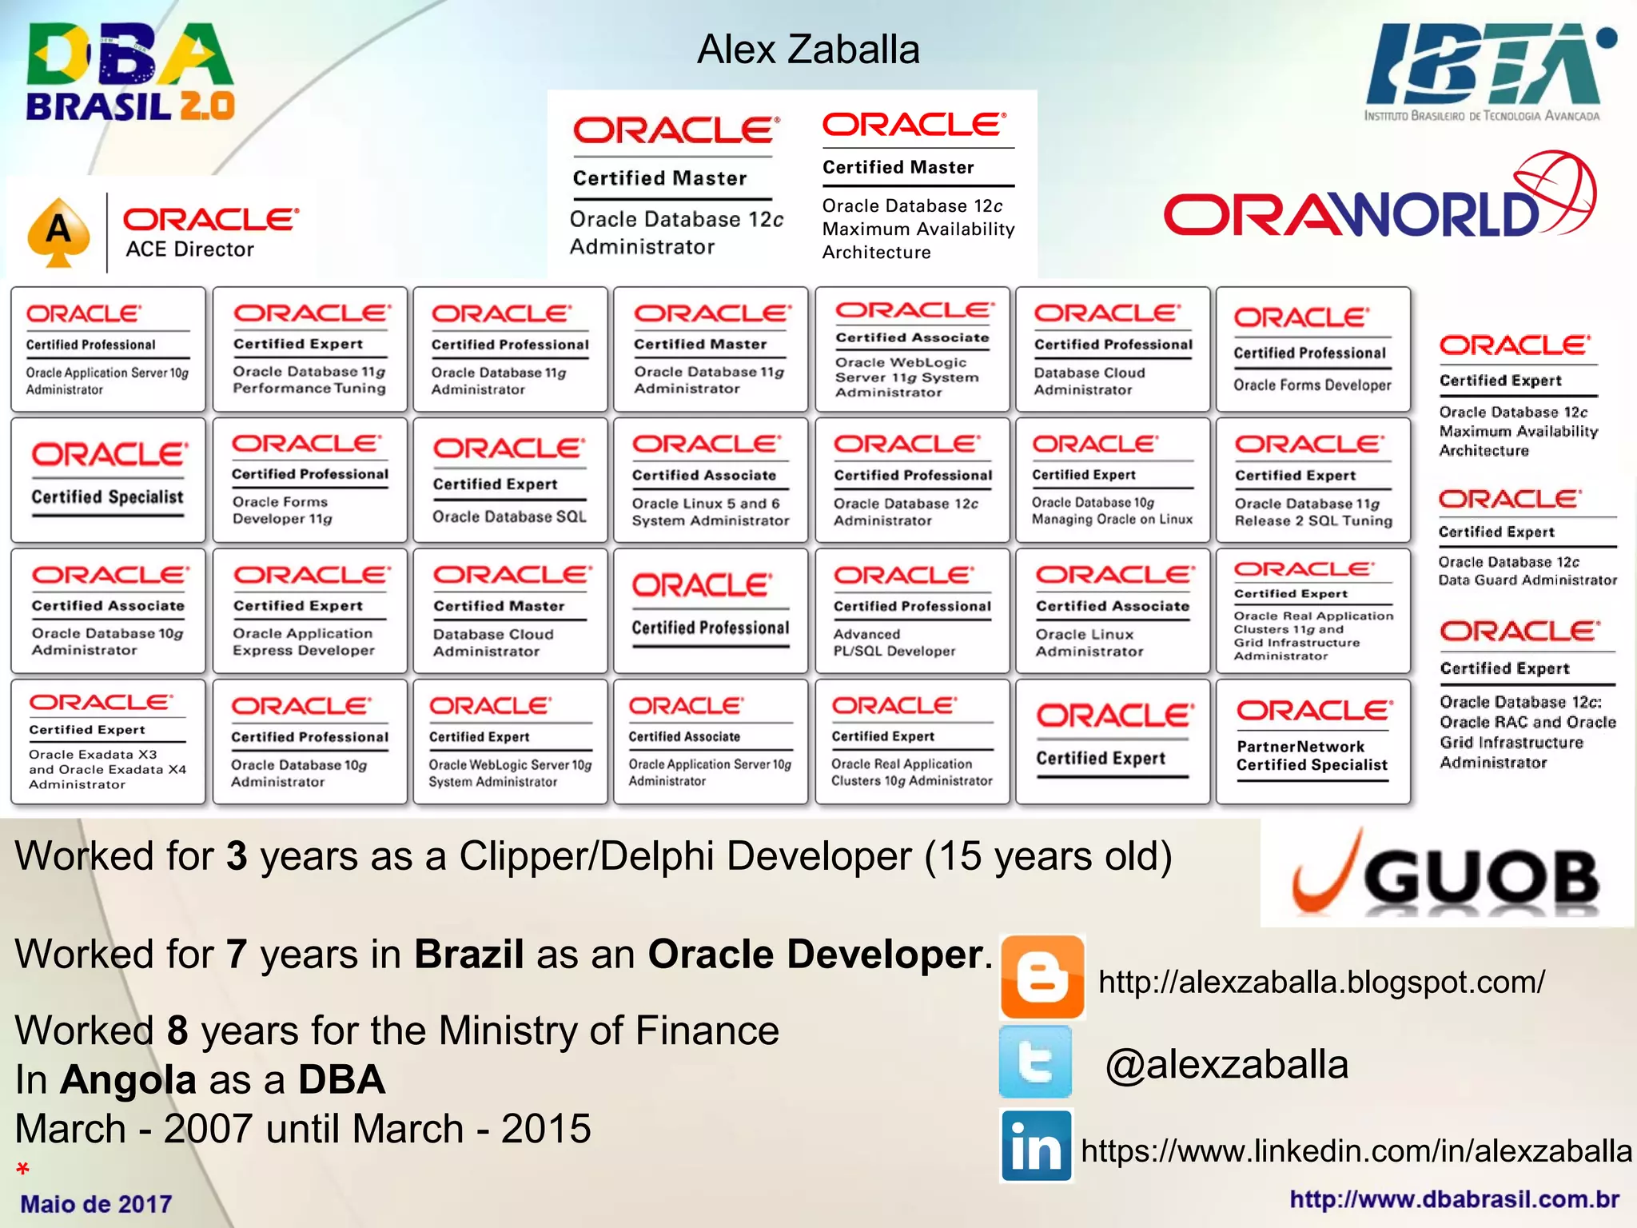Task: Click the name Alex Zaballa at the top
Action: pos(808,50)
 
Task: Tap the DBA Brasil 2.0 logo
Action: pos(129,73)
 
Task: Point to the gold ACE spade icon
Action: pos(58,232)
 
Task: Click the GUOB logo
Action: pos(1447,875)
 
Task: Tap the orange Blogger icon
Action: pos(1042,977)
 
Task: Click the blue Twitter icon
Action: pos(1036,1063)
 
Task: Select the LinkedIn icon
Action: pos(1036,1146)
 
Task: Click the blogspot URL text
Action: pos(1321,982)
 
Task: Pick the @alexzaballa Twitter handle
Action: pos(1226,1065)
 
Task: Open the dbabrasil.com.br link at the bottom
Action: pos(1454,1199)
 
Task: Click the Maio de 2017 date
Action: pos(96,1204)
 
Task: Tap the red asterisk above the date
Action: pos(23,1170)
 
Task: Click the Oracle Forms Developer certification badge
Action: pos(1312,350)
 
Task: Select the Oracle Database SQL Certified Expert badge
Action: pos(510,480)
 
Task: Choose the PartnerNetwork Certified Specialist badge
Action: pos(1312,741)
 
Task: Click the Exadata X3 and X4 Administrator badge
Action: pos(108,741)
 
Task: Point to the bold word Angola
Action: pos(129,1080)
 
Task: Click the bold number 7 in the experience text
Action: pos(236,955)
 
